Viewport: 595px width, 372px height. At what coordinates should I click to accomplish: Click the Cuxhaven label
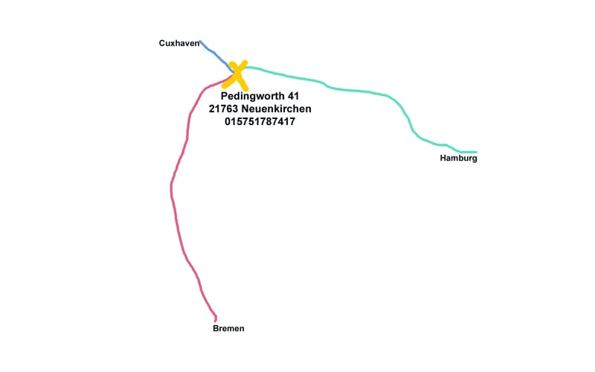pos(179,43)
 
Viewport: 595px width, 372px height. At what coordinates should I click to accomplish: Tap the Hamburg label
pos(458,158)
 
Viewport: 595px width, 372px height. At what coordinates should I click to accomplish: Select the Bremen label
pos(228,328)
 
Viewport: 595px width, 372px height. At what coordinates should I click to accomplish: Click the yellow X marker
pos(237,74)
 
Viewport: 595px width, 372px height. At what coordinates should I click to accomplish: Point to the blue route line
pos(213,53)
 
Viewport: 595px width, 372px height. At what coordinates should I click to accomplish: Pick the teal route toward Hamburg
pos(357,91)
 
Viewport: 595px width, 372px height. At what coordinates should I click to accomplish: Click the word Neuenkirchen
pos(277,109)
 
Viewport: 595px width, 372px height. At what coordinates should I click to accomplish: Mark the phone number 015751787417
pos(260,121)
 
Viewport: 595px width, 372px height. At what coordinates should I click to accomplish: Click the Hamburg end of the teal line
pos(475,152)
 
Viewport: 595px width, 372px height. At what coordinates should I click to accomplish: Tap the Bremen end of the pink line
pos(216,320)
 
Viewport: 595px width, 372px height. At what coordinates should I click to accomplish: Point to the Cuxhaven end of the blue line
pos(201,42)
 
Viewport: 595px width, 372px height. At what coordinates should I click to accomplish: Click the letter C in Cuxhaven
pos(162,43)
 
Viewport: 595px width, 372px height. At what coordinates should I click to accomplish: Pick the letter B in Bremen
pos(216,328)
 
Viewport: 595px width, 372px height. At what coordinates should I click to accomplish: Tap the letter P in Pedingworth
pos(225,96)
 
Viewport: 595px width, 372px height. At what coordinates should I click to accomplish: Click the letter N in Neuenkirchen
pos(246,109)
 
